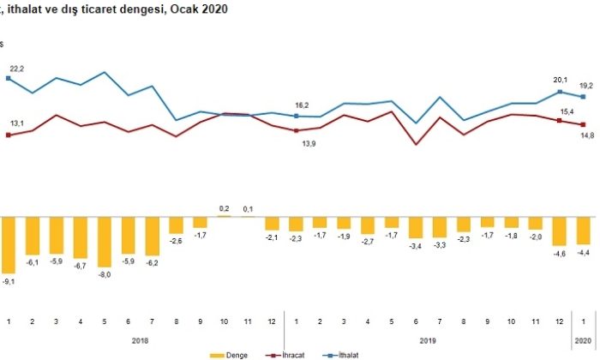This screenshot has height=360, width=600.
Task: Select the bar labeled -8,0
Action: pyautogui.click(x=105, y=241)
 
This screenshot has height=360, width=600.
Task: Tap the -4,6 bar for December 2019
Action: pyautogui.click(x=560, y=231)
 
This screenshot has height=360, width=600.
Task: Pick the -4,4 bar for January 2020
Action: pyautogui.click(x=584, y=231)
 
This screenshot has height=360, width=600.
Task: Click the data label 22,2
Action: pyautogui.click(x=16, y=68)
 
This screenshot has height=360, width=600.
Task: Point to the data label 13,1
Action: pyautogui.click(x=16, y=123)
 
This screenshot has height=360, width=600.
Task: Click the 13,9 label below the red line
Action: pyautogui.click(x=297, y=142)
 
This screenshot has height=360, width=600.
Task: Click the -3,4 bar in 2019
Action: pyautogui.click(x=416, y=227)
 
